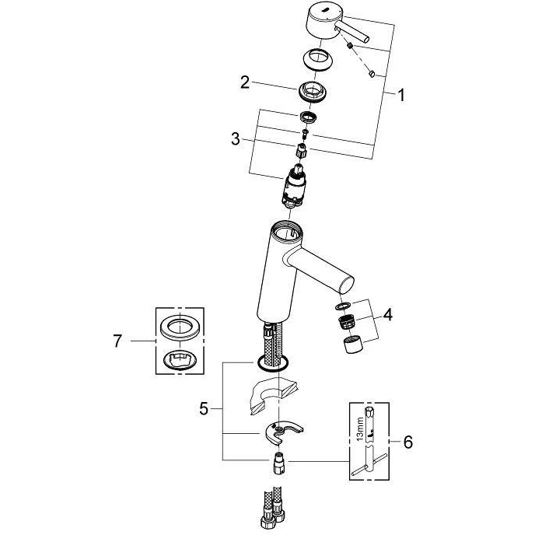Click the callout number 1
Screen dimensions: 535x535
(401, 95)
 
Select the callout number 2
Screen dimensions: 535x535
(245, 82)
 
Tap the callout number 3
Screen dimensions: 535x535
(236, 139)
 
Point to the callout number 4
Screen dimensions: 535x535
(387, 315)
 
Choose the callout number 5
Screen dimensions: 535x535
(204, 408)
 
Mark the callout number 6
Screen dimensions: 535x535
(408, 442)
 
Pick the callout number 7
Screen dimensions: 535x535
(117, 341)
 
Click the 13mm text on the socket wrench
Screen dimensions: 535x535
(359, 429)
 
